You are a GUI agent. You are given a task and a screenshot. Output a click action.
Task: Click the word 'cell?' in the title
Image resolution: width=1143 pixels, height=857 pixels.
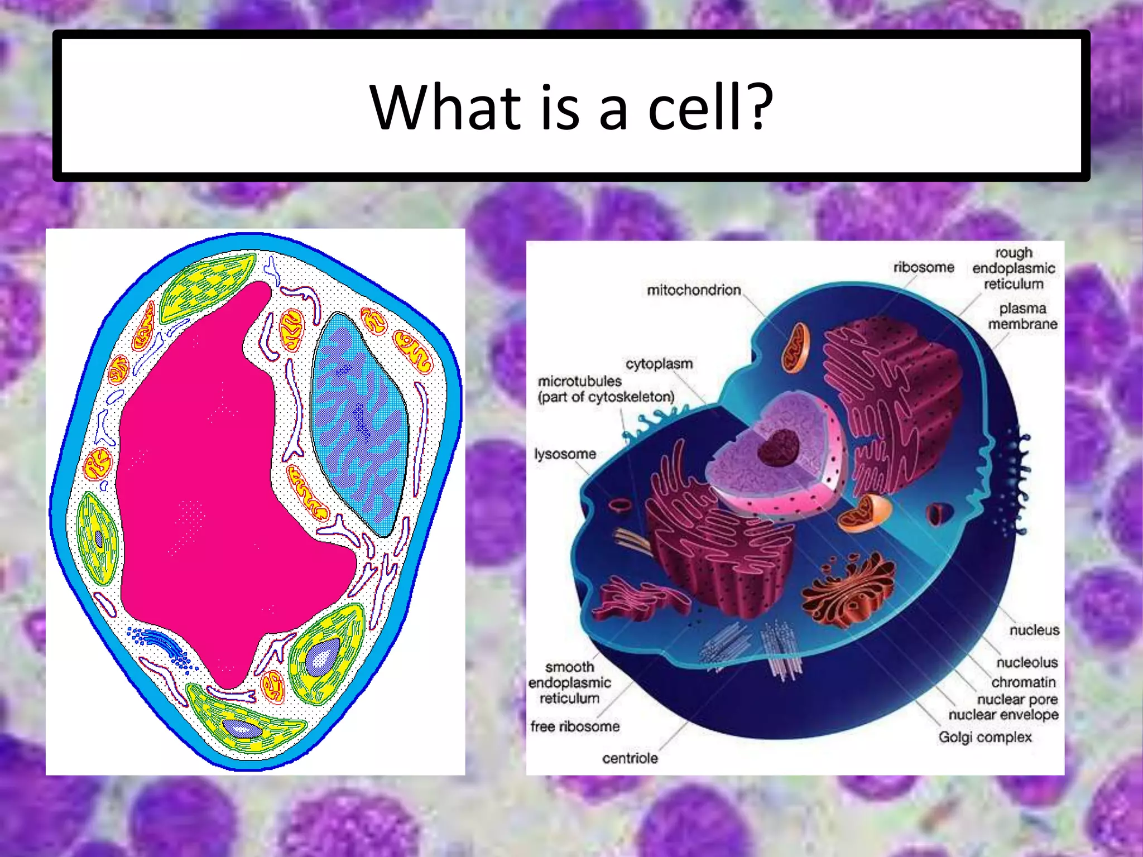710,107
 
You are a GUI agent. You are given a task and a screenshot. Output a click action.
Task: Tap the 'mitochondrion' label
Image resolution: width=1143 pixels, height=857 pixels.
694,290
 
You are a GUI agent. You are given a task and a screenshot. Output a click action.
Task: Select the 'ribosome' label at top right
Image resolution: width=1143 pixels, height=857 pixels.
924,267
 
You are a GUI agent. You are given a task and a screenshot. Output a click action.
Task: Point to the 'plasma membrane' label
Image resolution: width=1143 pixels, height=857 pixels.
1022,316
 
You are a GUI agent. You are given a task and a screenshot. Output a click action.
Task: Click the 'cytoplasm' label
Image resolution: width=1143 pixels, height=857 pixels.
659,364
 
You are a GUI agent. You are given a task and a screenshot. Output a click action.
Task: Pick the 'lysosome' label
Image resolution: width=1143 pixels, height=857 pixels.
565,454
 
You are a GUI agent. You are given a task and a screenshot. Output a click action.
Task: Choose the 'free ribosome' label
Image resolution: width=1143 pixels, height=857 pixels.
575,726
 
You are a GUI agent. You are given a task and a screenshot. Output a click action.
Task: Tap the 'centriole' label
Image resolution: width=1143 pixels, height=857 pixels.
630,758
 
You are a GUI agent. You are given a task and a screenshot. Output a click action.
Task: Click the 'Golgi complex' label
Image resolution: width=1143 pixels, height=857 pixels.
985,737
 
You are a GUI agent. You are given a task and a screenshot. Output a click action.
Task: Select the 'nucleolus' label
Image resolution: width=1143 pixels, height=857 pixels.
1027,662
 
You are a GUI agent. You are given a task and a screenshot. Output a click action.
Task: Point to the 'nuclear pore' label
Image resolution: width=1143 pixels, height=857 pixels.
1017,699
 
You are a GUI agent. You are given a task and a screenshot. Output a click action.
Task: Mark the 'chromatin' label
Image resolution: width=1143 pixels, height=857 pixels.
1024,682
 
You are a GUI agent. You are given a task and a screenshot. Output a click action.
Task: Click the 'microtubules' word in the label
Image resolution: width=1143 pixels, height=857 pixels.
579,381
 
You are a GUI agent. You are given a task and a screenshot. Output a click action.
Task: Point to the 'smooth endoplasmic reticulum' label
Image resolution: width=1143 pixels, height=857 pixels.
569,682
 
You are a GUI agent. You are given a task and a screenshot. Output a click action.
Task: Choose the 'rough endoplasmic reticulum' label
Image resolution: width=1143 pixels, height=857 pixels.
1014,268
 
